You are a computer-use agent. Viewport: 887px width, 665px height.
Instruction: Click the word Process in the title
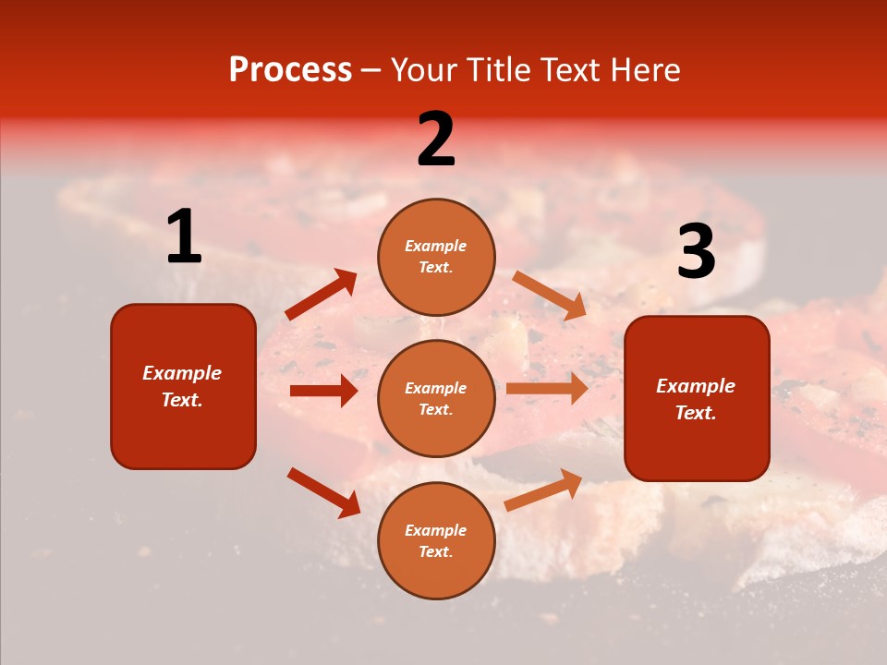click(x=290, y=70)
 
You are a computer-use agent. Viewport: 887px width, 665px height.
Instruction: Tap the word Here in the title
click(x=641, y=70)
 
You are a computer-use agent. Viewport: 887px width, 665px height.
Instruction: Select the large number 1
click(x=184, y=237)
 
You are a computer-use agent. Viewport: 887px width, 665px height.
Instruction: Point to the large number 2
click(x=436, y=139)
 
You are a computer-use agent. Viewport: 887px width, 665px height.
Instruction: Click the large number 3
click(x=696, y=252)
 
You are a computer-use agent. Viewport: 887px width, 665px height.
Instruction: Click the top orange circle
click(x=436, y=257)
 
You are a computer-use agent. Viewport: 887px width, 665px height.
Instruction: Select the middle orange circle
click(x=436, y=398)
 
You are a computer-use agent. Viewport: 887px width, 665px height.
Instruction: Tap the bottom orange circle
click(x=436, y=540)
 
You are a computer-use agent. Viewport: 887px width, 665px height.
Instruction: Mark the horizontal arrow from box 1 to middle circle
click(x=323, y=391)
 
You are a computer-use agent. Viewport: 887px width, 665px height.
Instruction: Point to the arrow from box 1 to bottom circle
click(x=323, y=492)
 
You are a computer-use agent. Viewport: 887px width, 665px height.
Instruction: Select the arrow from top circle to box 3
click(x=550, y=296)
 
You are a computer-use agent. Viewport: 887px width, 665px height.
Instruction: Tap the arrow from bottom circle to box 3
click(x=543, y=490)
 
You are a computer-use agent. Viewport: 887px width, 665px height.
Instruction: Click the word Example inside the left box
click(x=182, y=373)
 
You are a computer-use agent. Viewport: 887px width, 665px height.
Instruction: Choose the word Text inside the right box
click(x=695, y=413)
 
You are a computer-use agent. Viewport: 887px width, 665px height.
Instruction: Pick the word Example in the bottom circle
click(x=436, y=530)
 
